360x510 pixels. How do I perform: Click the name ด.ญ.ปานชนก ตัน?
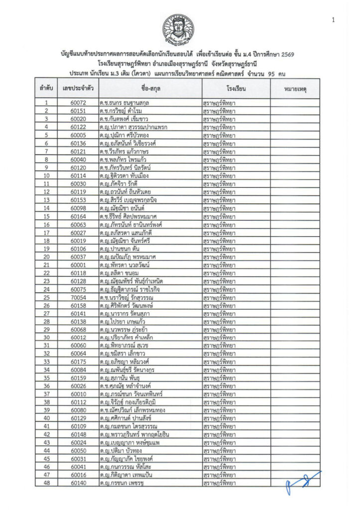[x=120, y=249]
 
